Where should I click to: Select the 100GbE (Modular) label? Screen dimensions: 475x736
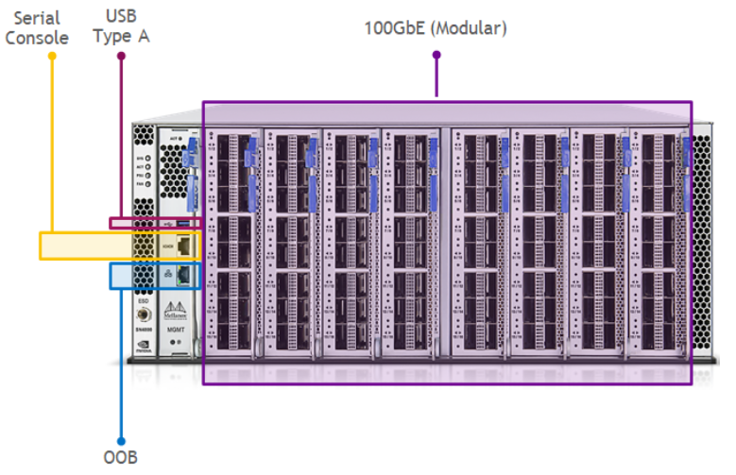point(436,28)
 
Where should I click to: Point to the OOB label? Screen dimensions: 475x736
point(121,458)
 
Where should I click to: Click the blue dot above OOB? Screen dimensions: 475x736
point(121,440)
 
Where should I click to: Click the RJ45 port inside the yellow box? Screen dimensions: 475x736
point(187,246)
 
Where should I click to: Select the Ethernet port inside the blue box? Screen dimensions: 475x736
point(187,275)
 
